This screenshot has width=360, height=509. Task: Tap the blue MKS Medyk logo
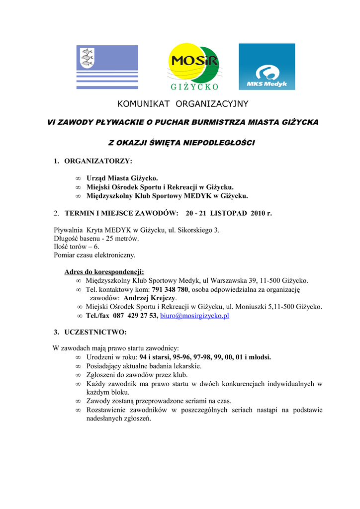(267, 67)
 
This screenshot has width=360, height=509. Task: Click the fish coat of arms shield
(87, 59)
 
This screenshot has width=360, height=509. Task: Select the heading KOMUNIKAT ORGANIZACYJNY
(182, 104)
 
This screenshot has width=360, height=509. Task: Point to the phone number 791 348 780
(170, 289)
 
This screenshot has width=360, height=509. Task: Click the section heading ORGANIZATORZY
(98, 161)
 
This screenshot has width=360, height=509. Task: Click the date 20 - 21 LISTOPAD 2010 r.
(229, 213)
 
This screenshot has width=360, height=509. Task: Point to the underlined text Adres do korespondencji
(104, 271)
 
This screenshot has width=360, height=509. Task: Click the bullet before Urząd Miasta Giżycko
(78, 178)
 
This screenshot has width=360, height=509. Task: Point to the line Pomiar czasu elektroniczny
(94, 255)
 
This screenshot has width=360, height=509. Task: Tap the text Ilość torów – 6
(77, 247)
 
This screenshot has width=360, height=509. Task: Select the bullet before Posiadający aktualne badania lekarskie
(78, 366)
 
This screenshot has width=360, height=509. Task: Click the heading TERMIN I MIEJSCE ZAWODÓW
(121, 213)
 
